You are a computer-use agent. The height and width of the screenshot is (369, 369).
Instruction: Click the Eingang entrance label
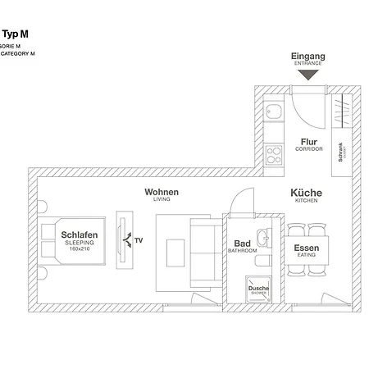[307, 57]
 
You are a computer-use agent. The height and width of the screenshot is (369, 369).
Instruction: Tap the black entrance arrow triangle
[307, 75]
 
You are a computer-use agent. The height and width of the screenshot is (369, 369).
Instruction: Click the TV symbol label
[138, 240]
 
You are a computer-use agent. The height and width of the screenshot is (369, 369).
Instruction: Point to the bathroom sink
[262, 239]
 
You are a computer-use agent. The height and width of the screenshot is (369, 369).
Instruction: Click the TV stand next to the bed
[123, 239]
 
